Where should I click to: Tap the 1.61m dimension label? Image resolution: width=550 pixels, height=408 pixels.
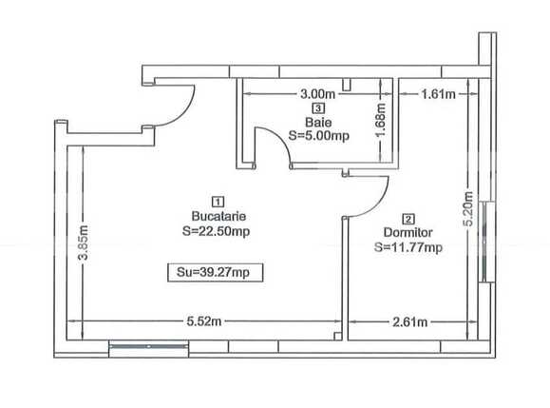(x=438, y=95)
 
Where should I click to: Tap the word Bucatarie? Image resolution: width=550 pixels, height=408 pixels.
(x=218, y=216)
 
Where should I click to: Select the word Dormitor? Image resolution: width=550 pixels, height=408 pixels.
(x=408, y=231)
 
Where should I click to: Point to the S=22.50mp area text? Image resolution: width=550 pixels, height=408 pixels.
(x=218, y=230)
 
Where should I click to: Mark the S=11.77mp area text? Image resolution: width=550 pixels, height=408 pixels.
(x=408, y=247)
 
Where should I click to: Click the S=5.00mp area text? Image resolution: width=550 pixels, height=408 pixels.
(x=318, y=135)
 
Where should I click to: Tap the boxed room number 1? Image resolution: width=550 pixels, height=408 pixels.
(x=218, y=202)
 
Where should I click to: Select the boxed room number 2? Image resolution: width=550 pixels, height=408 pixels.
(x=408, y=217)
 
